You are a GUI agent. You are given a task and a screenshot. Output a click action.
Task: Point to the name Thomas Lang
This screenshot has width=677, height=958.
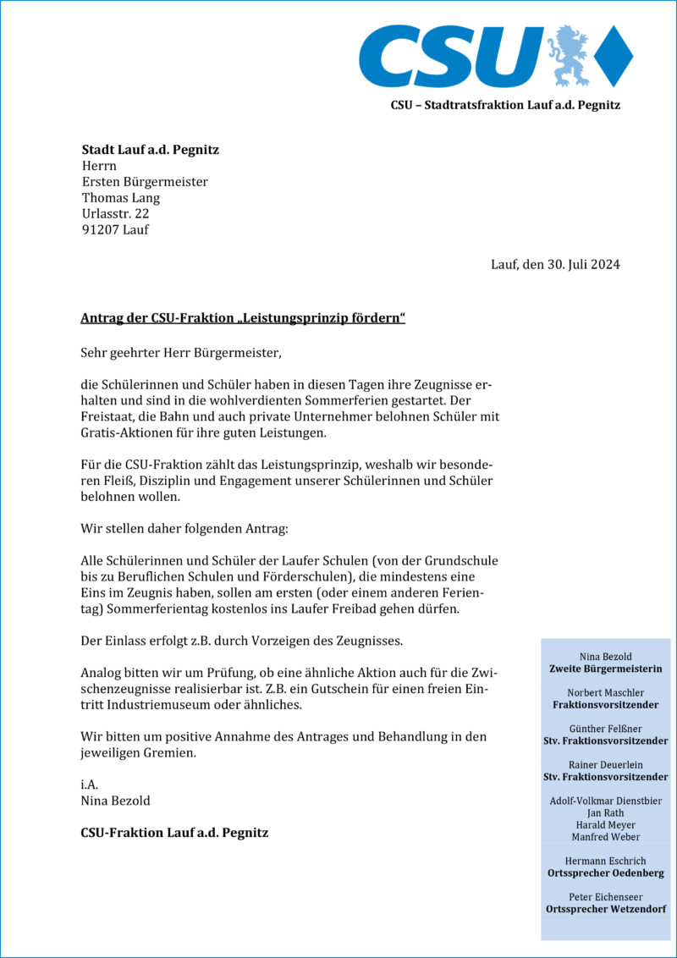coord(120,198)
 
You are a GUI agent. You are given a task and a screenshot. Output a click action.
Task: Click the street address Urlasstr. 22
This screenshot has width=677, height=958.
coord(115,214)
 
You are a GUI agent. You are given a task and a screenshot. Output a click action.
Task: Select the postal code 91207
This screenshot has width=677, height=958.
coord(100,230)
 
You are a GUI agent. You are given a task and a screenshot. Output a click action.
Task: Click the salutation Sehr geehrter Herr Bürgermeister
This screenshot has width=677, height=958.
coord(179,351)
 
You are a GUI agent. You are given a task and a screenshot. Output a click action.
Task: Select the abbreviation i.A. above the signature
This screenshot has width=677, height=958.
coord(90,785)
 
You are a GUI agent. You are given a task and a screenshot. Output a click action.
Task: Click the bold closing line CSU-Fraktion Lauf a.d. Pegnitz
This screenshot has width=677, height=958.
coord(174,833)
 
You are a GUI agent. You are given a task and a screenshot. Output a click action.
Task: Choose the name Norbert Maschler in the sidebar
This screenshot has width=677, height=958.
coord(605,692)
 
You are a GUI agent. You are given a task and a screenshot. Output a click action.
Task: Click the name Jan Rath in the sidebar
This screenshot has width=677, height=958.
coord(605,812)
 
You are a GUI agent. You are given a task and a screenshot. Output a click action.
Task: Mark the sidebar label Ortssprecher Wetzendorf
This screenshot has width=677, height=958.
coord(605,909)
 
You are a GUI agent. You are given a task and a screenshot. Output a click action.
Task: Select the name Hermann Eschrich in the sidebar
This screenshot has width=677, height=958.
coord(605,861)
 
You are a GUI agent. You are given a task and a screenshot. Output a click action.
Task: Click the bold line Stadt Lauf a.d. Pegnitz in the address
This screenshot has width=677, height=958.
coord(150,150)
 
